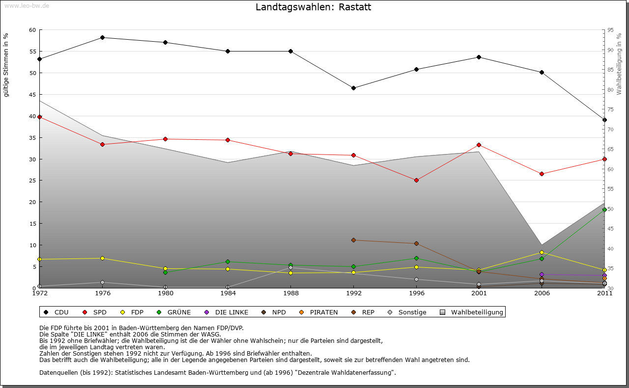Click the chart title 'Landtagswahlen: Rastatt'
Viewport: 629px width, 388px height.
coord(313,7)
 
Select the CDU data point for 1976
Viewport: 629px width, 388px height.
coord(102,37)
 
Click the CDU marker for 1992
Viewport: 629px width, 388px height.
coord(353,88)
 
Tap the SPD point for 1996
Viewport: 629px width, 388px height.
coord(416,180)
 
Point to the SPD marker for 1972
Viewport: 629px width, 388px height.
coord(39,117)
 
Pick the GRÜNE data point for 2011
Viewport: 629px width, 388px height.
coord(604,209)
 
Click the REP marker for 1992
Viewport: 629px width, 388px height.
coord(353,240)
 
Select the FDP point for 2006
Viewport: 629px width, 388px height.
coord(542,252)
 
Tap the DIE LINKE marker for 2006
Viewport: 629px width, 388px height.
coord(542,274)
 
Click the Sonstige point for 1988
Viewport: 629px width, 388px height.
coord(290,267)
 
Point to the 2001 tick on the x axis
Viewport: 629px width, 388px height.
coord(479,293)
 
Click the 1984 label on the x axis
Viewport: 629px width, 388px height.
coord(228,293)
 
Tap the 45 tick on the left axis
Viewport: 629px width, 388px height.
coord(32,95)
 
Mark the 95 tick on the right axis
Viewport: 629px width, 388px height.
coord(610,30)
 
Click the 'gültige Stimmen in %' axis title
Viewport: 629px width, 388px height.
coord(6,65)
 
